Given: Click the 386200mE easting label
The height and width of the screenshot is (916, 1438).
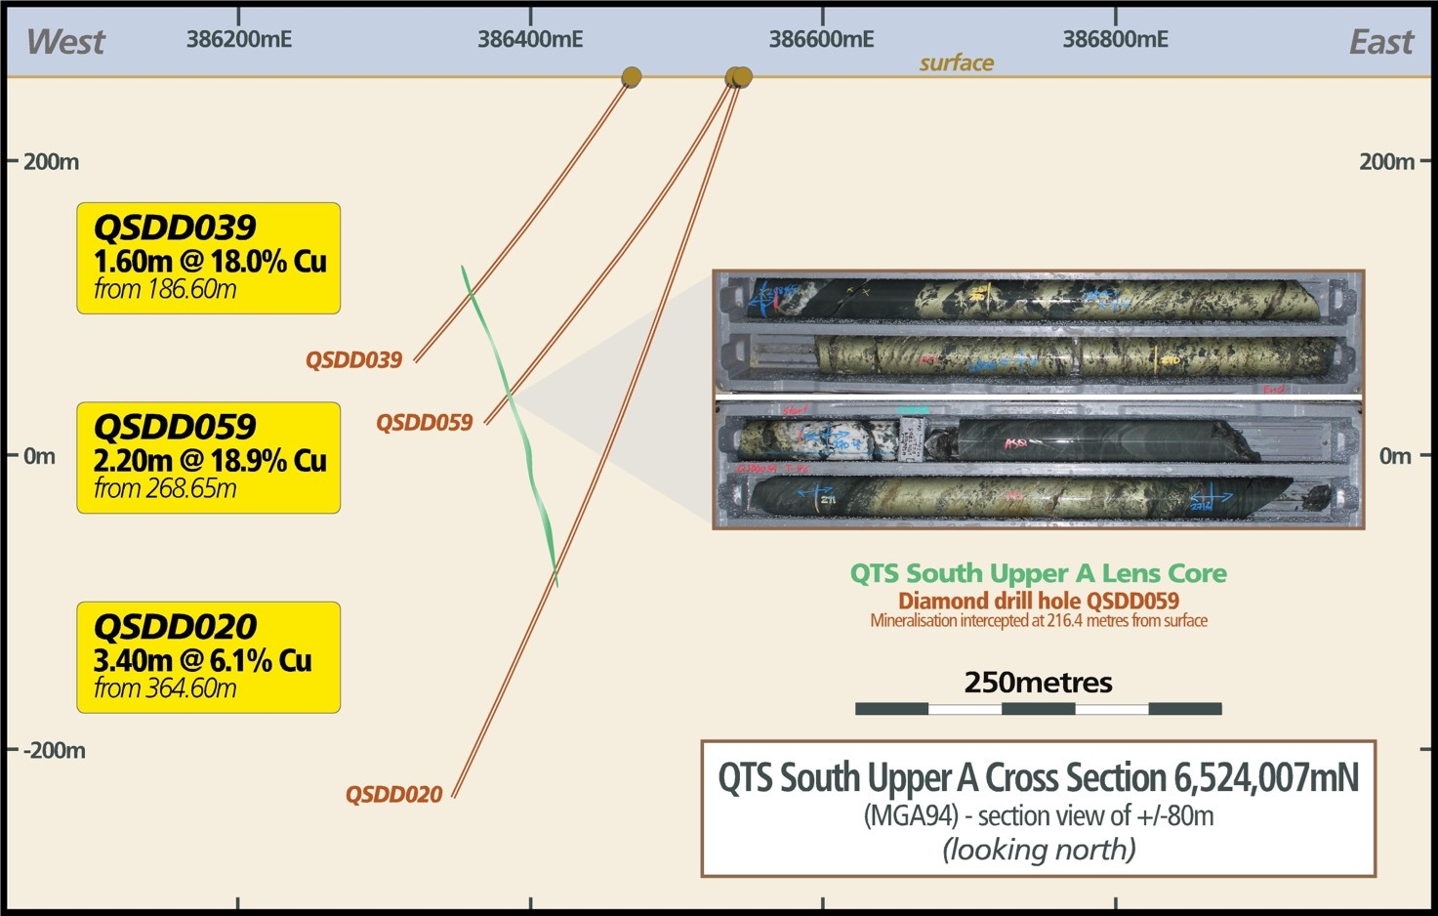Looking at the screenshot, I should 239,40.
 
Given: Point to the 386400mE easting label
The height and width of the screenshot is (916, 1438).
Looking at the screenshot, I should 530,40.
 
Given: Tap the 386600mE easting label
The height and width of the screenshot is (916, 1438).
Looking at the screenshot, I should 822,40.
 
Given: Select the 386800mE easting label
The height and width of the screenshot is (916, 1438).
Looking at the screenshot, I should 1115,40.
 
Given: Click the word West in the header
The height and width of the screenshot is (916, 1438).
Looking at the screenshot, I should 65,42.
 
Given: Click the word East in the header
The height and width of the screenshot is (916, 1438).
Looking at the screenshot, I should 1380,42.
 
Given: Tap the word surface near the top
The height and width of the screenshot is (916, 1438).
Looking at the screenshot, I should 956,63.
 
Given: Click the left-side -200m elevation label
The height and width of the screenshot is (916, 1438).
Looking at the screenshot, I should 54,751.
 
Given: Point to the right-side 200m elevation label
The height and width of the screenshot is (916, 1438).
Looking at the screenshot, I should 1386,162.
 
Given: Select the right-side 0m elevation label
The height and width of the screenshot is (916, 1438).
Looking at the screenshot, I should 1395,456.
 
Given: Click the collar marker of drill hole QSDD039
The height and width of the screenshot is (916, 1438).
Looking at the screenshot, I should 632,76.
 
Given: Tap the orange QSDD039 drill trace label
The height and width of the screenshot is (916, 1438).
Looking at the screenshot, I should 353,360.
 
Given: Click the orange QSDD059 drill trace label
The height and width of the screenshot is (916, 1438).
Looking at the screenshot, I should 424,423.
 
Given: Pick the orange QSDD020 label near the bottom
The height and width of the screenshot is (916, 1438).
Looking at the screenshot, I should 393,795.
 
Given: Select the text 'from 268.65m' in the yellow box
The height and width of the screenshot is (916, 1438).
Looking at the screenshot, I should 165,488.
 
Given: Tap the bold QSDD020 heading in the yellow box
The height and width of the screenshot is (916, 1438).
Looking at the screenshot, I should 175,626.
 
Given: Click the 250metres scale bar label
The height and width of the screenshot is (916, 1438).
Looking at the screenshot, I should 1038,683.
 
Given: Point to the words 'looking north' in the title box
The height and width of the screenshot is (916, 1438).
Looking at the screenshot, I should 1039,850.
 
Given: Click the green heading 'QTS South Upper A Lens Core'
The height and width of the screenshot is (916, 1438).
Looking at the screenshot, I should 1038,573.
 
